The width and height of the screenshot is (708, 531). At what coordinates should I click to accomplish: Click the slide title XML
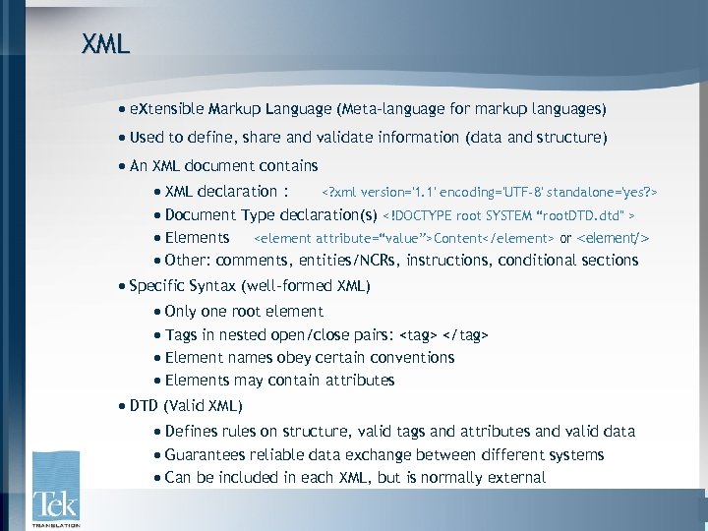coord(105,44)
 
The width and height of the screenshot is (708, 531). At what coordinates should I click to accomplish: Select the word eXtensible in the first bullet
coord(166,108)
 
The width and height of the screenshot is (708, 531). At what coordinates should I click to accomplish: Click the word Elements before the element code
coord(197,237)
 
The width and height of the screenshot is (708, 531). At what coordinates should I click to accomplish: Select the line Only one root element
coord(244,312)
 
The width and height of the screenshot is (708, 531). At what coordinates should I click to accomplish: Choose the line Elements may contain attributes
coord(279,381)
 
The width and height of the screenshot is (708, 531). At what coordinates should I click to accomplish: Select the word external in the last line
coord(513,478)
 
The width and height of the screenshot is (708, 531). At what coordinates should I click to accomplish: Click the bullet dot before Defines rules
coord(158,432)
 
